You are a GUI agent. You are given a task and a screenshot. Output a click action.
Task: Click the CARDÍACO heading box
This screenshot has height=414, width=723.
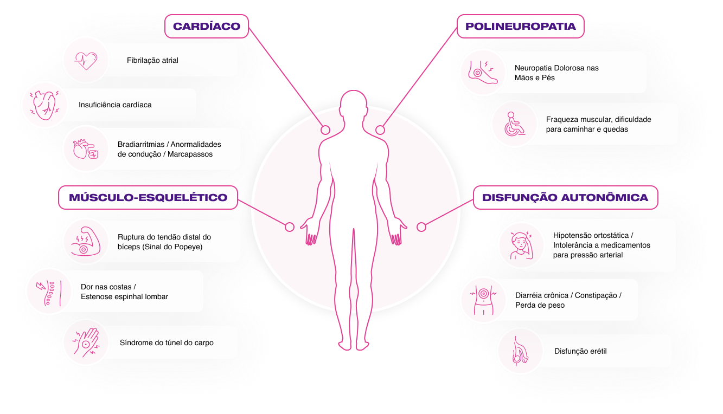(207, 27)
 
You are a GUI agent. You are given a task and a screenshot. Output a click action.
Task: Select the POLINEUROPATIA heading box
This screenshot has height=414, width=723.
(521, 27)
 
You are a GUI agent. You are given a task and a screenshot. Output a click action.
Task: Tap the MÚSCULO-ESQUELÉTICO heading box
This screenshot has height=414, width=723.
(148, 198)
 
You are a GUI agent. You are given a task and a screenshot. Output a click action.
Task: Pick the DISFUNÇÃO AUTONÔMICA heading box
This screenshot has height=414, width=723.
(566, 198)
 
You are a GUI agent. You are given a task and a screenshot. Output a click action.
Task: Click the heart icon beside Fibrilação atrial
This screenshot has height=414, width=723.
(86, 60)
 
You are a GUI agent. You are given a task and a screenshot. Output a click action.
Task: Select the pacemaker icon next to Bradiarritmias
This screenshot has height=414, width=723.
(86, 149)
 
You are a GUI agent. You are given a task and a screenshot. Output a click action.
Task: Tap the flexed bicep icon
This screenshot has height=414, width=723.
(86, 242)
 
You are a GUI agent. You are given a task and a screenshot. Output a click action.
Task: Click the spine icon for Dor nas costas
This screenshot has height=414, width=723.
(49, 292)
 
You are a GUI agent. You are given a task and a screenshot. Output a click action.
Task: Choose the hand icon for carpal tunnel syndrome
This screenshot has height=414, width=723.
(86, 342)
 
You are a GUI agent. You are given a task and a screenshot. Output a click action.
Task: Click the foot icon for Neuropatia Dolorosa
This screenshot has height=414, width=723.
(483, 72)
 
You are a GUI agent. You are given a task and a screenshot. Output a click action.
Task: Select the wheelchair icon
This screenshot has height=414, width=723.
(515, 124)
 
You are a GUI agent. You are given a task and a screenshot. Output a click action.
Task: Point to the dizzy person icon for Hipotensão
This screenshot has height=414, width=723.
(521, 245)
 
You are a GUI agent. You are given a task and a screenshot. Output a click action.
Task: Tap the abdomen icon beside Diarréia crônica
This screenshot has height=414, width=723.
(483, 300)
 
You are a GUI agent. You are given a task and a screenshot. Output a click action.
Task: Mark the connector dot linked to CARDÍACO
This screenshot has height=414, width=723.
(325, 130)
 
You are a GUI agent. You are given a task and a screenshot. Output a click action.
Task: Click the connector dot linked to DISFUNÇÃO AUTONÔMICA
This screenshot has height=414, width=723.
(421, 227)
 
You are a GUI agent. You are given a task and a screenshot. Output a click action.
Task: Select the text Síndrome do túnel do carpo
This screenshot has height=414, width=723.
(167, 343)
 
